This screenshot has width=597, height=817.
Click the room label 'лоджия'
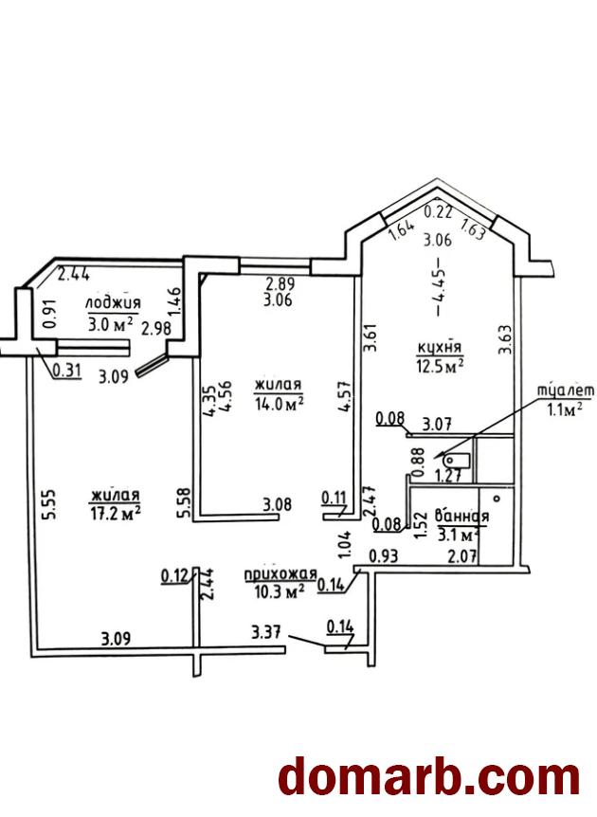tap(113, 303)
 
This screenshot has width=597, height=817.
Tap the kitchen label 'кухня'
tap(440, 347)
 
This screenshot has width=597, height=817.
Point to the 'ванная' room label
tap(461, 516)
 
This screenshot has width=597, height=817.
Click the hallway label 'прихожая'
tap(280, 574)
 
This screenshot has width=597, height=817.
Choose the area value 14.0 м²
tap(280, 404)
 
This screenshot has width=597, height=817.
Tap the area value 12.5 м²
tap(440, 365)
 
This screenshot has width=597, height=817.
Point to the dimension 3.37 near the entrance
tap(266, 632)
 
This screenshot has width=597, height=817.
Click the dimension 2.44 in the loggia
tap(74, 274)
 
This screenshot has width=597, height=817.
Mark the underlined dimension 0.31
tap(67, 370)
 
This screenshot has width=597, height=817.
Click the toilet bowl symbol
tap(455, 461)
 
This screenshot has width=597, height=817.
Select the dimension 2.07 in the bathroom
tap(462, 556)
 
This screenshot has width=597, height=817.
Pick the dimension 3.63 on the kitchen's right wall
tap(505, 339)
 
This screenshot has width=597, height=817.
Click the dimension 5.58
tap(184, 503)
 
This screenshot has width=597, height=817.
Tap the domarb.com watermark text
tap(429, 777)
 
